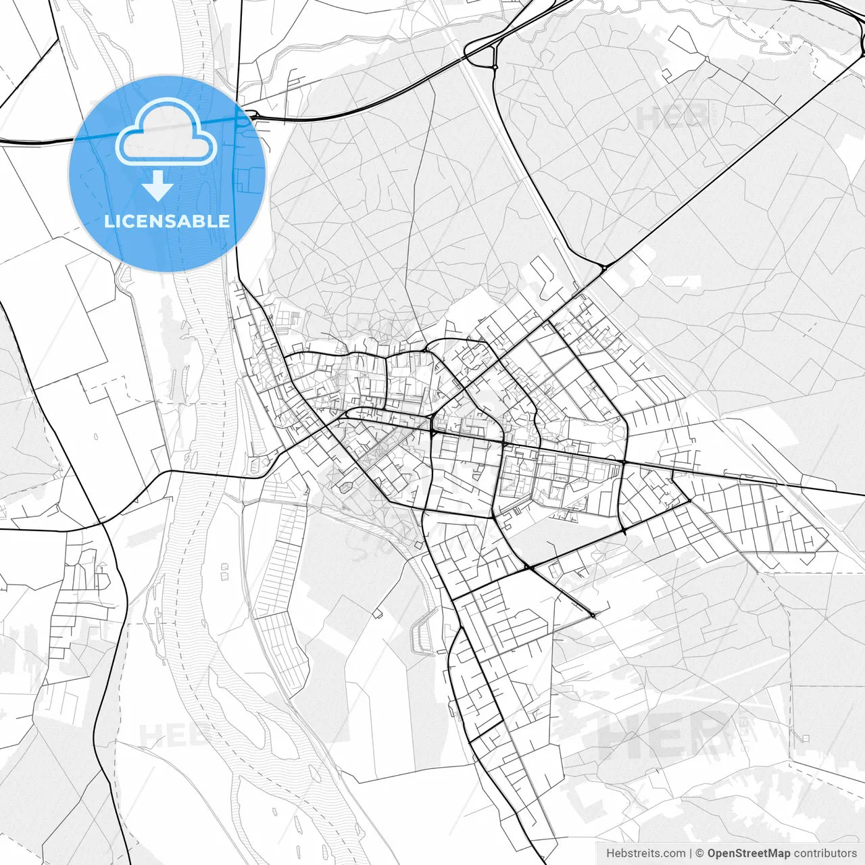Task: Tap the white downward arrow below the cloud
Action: click(x=157, y=186)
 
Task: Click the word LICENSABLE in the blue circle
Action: click(x=167, y=221)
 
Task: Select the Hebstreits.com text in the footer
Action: click(x=646, y=854)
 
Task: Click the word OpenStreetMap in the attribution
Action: click(x=749, y=854)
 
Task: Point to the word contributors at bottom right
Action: click(x=825, y=854)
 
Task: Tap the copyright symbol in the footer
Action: click(x=700, y=854)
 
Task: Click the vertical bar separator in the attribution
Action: click(x=691, y=854)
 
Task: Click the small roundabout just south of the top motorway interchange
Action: click(x=495, y=67)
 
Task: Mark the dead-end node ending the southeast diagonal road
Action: click(x=593, y=614)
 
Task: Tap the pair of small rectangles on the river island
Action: click(x=224, y=572)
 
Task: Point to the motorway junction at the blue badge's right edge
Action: click(x=247, y=119)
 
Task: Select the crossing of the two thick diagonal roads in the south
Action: click(x=527, y=567)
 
